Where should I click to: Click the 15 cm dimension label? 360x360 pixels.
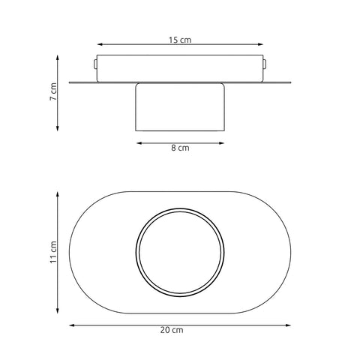[x=180, y=40]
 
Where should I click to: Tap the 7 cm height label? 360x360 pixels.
[x=53, y=91]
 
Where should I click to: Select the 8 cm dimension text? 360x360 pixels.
[x=180, y=148]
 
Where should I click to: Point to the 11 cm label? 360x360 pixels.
[x=53, y=252]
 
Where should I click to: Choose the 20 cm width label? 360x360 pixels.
[x=172, y=330]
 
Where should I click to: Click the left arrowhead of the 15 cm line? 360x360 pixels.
[x=100, y=44]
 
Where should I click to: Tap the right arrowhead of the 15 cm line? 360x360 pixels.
[x=260, y=44]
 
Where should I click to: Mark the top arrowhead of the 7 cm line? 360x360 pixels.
[x=58, y=58]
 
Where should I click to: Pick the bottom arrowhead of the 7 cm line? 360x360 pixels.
[x=58, y=128]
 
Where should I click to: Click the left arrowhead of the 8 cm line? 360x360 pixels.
[x=139, y=143]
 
